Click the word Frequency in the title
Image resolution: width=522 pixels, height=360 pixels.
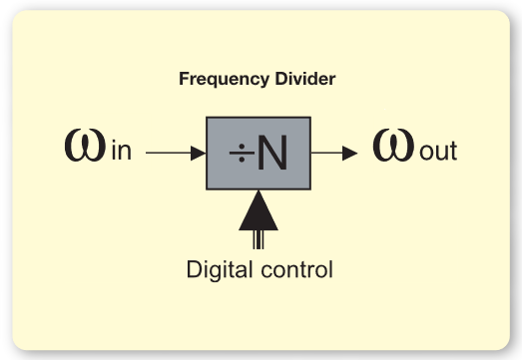tap(216, 77)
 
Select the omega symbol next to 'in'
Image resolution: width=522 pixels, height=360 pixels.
tap(81, 148)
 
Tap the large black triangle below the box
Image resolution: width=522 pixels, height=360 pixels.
tap(259, 211)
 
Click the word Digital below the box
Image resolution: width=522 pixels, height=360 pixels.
tap(217, 269)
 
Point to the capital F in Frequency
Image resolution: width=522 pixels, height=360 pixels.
tap(183, 77)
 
